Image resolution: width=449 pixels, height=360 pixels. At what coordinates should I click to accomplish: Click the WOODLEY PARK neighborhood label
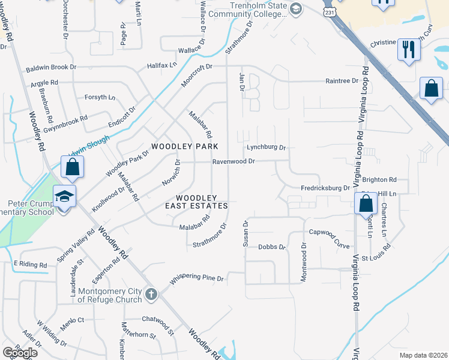click(x=184, y=146)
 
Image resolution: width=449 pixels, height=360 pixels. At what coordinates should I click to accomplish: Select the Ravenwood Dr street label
click(x=234, y=161)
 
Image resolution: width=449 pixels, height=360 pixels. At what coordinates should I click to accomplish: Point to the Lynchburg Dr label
click(x=267, y=148)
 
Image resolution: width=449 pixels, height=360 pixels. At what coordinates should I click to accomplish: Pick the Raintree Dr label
click(x=342, y=80)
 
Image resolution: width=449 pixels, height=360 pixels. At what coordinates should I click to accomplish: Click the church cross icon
click(x=151, y=295)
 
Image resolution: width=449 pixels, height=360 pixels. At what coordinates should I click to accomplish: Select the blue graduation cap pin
click(x=63, y=197)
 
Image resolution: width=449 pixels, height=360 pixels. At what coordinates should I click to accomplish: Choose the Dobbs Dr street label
click(x=272, y=247)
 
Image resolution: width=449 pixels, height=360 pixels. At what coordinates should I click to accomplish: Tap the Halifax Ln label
click(x=163, y=65)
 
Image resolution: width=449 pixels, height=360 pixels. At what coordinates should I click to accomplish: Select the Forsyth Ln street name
click(x=100, y=97)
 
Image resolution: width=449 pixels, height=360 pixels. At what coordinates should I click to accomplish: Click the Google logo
click(x=20, y=352)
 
